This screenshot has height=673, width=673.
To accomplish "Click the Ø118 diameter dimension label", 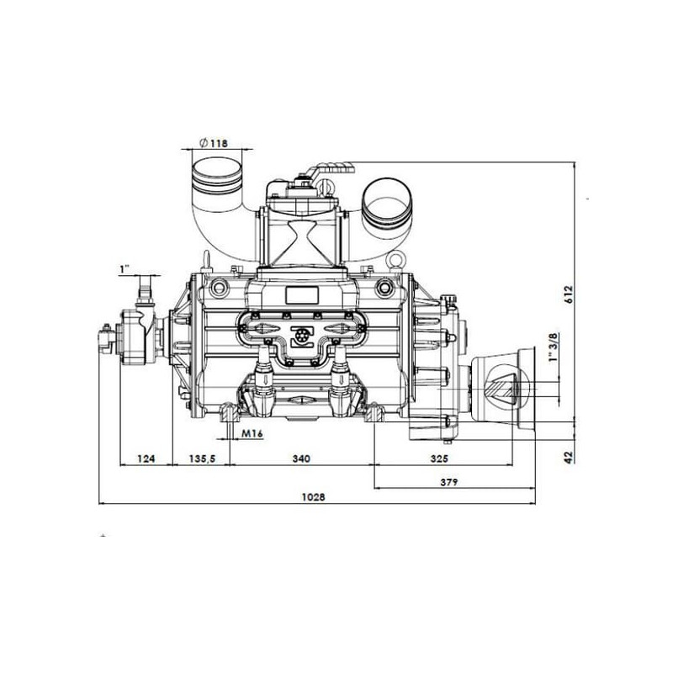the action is (214, 143).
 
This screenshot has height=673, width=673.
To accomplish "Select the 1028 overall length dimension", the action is (314, 497).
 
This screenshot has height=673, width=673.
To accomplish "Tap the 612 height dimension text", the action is (569, 294).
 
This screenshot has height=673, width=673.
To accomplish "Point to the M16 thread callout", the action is (252, 433).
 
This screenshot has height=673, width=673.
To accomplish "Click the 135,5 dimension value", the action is (202, 458).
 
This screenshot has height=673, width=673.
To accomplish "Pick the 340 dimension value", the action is (301, 458).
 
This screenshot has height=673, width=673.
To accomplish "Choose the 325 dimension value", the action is (439, 458).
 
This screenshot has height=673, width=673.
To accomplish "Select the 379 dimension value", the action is (449, 482).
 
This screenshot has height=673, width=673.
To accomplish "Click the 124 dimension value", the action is (146, 458).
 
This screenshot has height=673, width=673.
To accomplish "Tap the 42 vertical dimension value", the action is (569, 457).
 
